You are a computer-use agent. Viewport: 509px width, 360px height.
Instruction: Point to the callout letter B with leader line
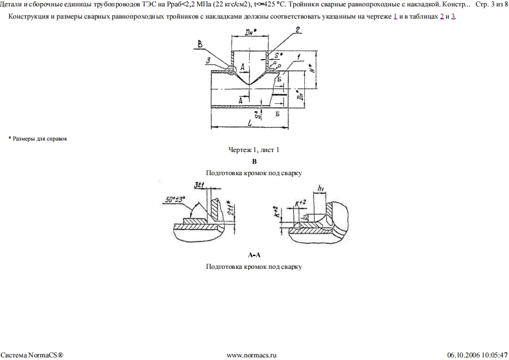(x=200, y=44)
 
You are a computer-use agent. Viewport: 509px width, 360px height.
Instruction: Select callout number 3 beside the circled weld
(x=209, y=60)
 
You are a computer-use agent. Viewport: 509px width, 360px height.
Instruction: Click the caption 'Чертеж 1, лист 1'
(x=254, y=150)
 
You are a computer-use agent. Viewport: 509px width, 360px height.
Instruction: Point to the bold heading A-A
(x=254, y=255)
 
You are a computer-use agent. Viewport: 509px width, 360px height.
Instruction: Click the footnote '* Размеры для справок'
(x=38, y=139)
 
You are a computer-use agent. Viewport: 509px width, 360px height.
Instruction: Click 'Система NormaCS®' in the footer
(x=31, y=354)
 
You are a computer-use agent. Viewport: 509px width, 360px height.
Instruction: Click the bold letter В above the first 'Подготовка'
(x=254, y=162)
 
